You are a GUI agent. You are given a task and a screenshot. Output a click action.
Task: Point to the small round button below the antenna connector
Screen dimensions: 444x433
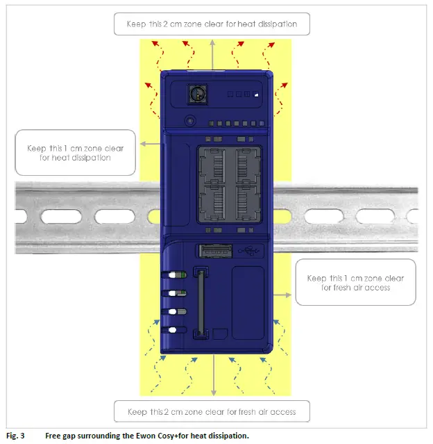click(x=190, y=120)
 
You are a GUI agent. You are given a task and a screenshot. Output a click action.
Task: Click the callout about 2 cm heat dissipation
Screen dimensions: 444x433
click(x=212, y=24)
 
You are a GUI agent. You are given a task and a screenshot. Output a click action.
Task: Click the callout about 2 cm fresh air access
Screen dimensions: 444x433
click(x=212, y=412)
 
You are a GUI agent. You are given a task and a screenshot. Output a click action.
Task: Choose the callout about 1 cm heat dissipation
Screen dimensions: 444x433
click(x=75, y=152)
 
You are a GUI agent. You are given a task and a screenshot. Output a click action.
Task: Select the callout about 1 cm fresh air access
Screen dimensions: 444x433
click(x=355, y=282)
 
